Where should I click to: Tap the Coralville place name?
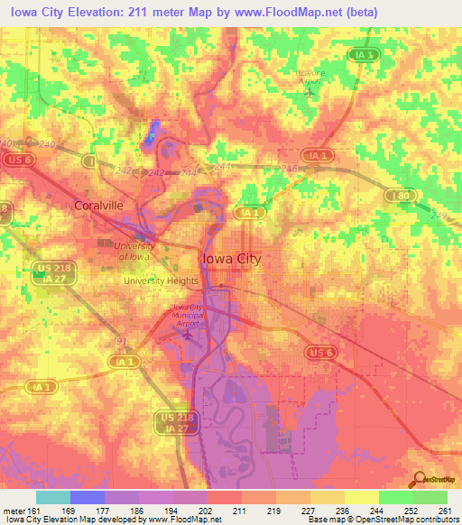(98, 205)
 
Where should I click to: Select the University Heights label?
(161, 281)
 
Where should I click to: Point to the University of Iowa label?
(134, 251)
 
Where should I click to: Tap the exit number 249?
(440, 214)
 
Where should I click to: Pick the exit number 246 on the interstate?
(289, 168)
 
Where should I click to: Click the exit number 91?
(121, 340)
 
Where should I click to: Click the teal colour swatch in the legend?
(52, 497)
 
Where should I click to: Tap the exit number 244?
(189, 171)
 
